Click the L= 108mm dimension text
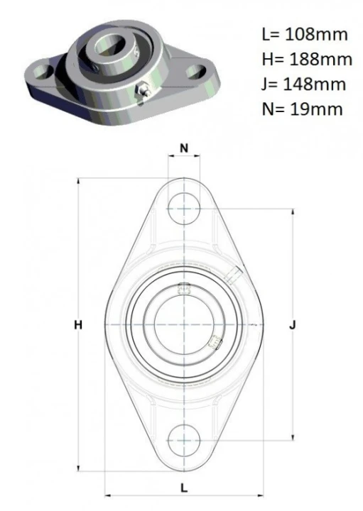point(305,35)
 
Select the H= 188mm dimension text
point(307,60)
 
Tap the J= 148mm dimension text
point(303,84)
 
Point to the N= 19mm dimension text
point(302,109)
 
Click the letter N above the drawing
point(184,148)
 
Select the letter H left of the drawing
point(78,325)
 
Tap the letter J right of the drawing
point(293,325)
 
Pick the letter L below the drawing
point(184,488)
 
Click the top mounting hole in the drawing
point(184,209)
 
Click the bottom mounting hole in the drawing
point(184,440)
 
